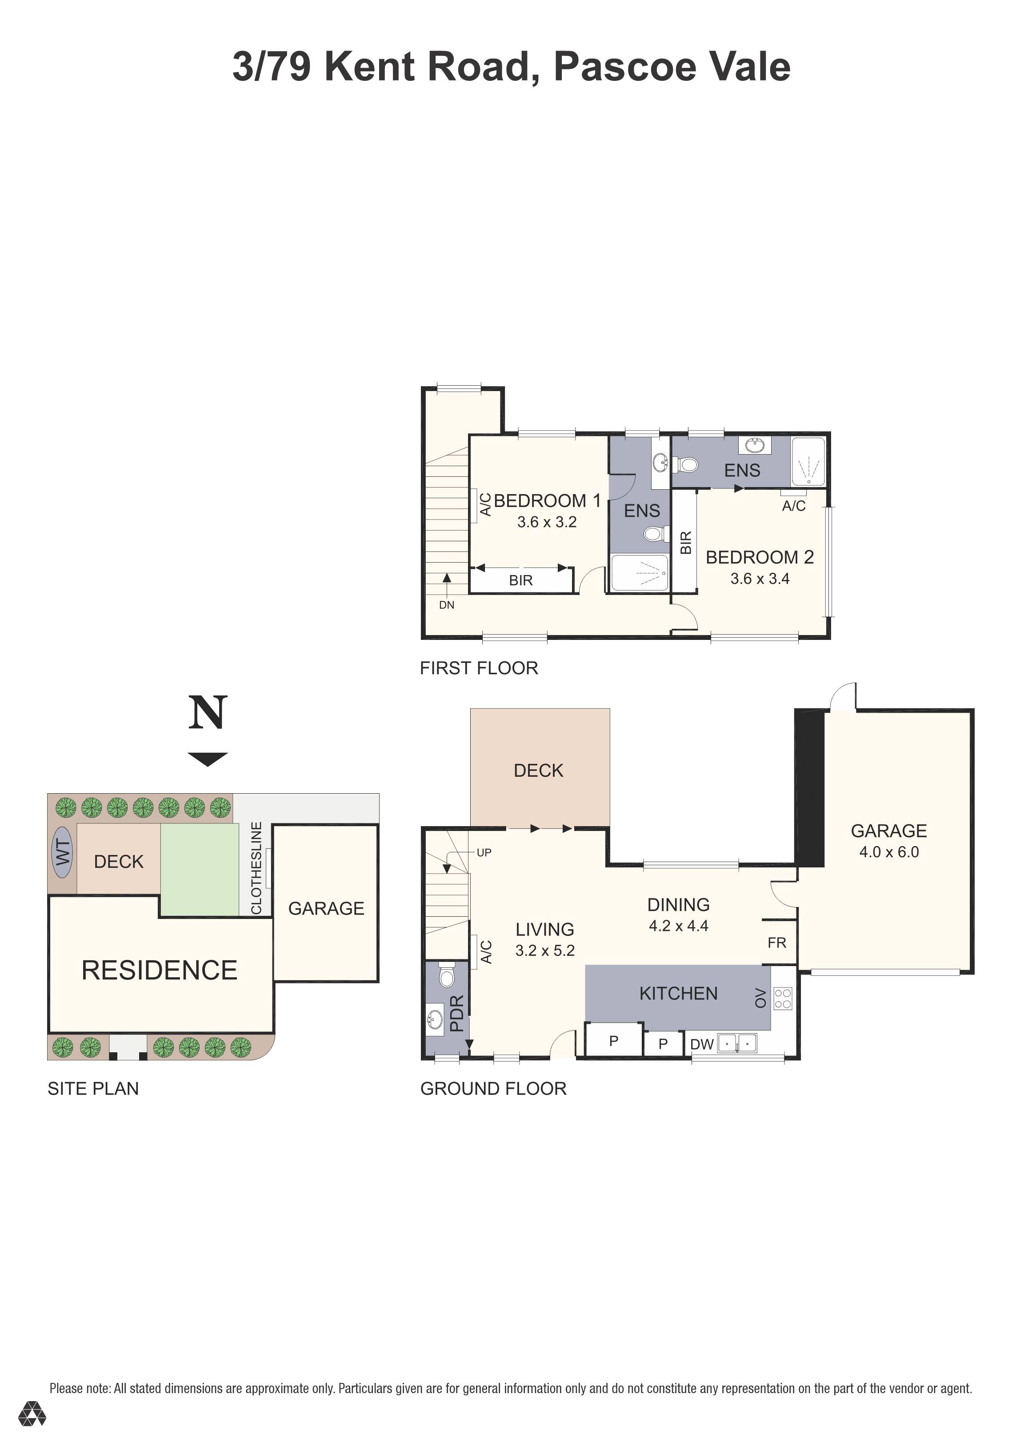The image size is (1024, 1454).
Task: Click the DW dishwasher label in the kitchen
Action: click(702, 1044)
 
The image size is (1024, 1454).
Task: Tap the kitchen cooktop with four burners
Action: click(783, 999)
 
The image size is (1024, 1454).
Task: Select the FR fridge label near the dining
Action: click(776, 943)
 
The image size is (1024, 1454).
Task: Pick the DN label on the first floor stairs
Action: click(447, 605)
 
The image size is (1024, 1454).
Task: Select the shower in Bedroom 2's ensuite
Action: click(808, 463)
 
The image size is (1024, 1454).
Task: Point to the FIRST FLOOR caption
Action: click(479, 668)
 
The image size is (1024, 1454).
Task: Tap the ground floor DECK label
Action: click(538, 771)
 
